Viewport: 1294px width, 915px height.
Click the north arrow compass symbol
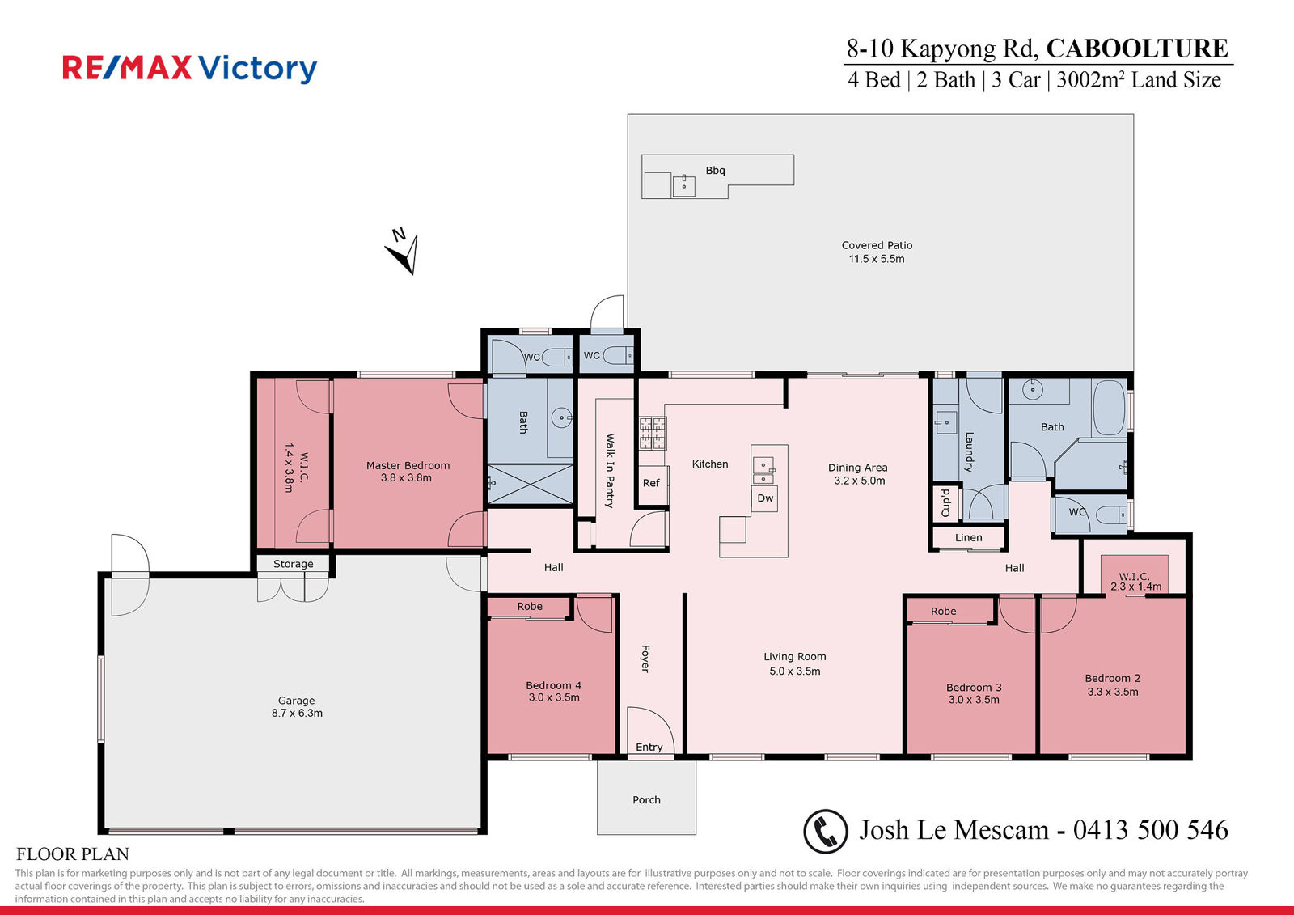tap(404, 252)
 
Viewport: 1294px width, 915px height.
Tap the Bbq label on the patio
tap(715, 171)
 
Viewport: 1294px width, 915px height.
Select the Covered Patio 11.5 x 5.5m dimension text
tap(877, 259)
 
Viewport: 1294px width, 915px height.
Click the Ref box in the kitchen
tap(651, 483)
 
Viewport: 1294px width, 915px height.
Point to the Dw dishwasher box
tap(765, 498)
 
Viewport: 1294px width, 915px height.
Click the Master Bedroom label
tap(408, 465)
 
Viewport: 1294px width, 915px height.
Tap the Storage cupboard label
tap(294, 564)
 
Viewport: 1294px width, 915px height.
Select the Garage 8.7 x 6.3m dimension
tap(297, 714)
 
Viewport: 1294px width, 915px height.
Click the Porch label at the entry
tap(646, 800)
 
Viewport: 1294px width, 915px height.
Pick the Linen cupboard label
tap(969, 537)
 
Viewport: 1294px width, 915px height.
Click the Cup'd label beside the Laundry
tap(946, 502)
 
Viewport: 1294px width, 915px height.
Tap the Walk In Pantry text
tap(610, 471)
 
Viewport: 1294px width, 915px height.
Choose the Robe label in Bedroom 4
tap(530, 606)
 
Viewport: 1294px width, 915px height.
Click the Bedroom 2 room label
tap(1113, 678)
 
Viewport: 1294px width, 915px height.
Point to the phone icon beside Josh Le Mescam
tap(826, 831)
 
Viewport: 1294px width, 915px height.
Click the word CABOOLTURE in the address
tap(1137, 48)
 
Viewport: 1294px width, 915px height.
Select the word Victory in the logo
tap(258, 69)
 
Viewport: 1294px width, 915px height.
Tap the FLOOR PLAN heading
tap(73, 854)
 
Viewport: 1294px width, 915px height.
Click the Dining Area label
tap(858, 467)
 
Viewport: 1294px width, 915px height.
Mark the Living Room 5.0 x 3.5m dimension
tap(795, 671)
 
